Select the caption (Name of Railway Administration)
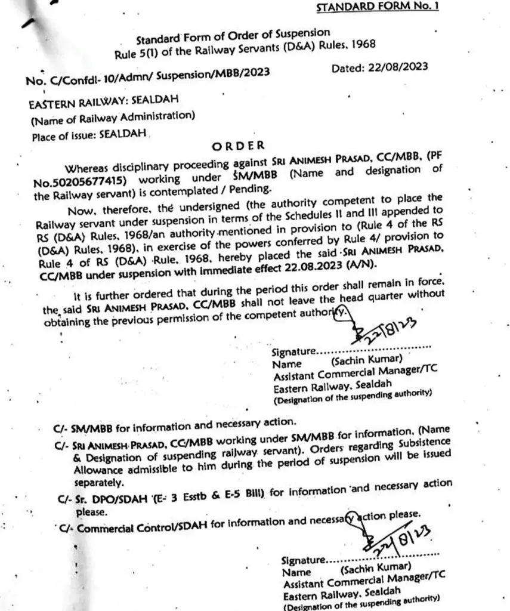(x=112, y=118)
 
